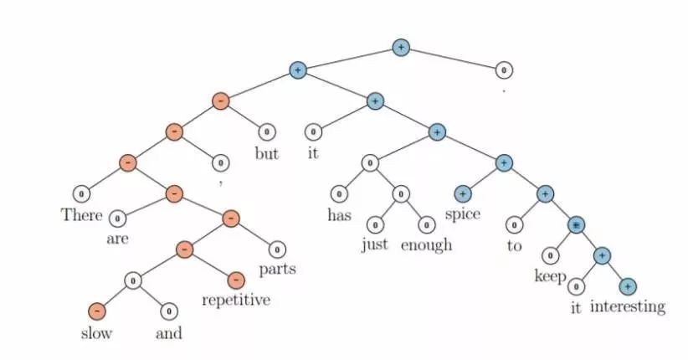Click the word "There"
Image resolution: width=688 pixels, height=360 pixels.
pyautogui.click(x=81, y=214)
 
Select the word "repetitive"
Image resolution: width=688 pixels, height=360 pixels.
pyautogui.click(x=236, y=300)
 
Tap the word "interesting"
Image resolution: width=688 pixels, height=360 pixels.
pyautogui.click(x=628, y=306)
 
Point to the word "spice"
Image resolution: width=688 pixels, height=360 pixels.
pyautogui.click(x=462, y=214)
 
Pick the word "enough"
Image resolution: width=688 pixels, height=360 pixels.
pyautogui.click(x=426, y=244)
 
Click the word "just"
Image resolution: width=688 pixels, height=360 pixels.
pyautogui.click(x=375, y=244)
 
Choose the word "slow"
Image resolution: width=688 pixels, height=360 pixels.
pyautogui.click(x=97, y=332)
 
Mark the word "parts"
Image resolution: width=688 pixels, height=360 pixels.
pyautogui.click(x=277, y=270)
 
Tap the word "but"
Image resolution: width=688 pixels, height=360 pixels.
pyautogui.click(x=266, y=154)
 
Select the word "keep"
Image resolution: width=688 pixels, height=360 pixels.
pyautogui.click(x=550, y=276)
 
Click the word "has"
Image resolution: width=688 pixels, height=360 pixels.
pyautogui.click(x=338, y=214)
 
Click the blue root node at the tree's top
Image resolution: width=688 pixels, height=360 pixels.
pyautogui.click(x=401, y=48)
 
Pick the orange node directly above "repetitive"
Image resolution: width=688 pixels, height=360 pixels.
pyautogui.click(x=236, y=279)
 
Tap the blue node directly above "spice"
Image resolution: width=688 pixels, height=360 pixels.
pyautogui.click(x=462, y=194)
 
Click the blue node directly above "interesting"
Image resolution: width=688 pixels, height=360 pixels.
pyautogui.click(x=628, y=286)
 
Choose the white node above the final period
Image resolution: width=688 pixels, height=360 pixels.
pyautogui.click(x=504, y=70)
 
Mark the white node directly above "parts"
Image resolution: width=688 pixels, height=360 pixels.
pyautogui.click(x=277, y=249)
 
